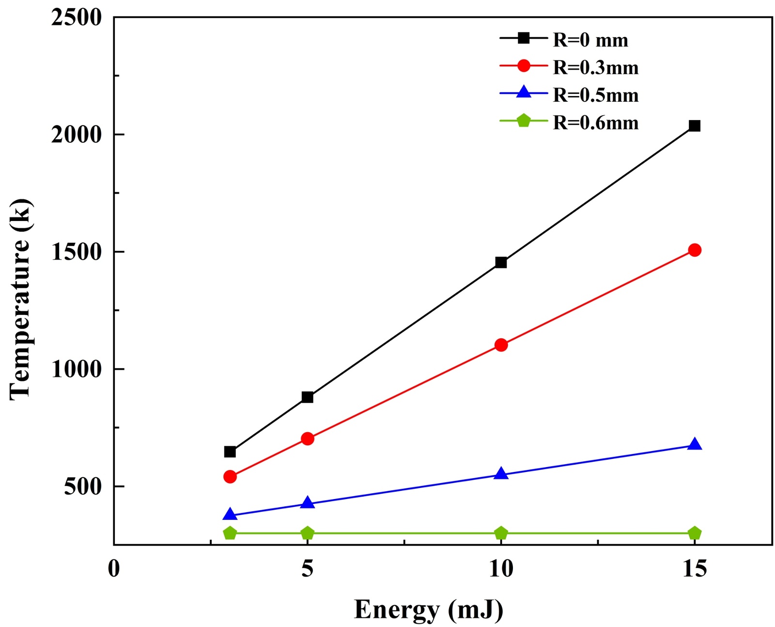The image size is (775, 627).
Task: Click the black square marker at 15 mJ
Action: pos(694,126)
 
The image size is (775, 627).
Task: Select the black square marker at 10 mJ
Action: pos(501,263)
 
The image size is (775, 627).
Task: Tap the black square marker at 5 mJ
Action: pos(307,397)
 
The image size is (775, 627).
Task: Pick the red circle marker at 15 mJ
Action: pos(695,250)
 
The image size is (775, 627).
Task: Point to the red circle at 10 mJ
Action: pos(501,345)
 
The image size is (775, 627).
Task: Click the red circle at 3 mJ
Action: pos(230,477)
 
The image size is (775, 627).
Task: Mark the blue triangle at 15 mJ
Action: pos(695,444)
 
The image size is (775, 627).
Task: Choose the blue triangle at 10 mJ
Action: pos(501,473)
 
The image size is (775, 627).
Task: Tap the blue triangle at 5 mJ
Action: pos(307,503)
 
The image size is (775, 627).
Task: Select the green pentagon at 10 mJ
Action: pos(501,533)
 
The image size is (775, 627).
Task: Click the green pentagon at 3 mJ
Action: pos(230,533)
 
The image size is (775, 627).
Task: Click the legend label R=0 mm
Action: pos(590,40)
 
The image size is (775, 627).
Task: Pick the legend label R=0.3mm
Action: pos(596,68)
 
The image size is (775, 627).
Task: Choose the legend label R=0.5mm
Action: pos(596,95)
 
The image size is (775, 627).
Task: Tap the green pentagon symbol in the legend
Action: pos(524,121)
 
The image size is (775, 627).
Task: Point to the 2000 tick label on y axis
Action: pos(77,135)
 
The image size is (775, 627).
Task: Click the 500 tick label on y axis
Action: pos(83,486)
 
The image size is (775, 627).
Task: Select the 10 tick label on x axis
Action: pos(501,569)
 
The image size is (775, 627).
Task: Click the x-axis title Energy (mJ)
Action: pos(428,610)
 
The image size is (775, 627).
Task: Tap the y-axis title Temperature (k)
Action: pos(21,299)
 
